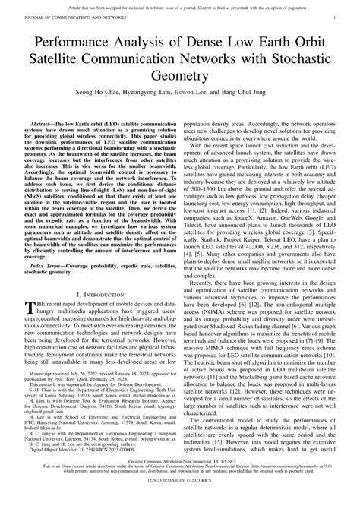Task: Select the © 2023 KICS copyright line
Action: (x=180, y=501)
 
